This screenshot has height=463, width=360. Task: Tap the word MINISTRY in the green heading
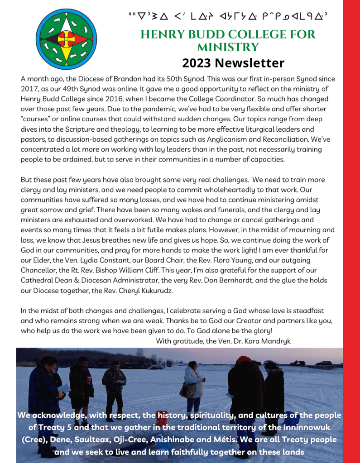tap(228, 47)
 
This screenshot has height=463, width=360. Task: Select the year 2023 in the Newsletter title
tap(197, 63)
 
